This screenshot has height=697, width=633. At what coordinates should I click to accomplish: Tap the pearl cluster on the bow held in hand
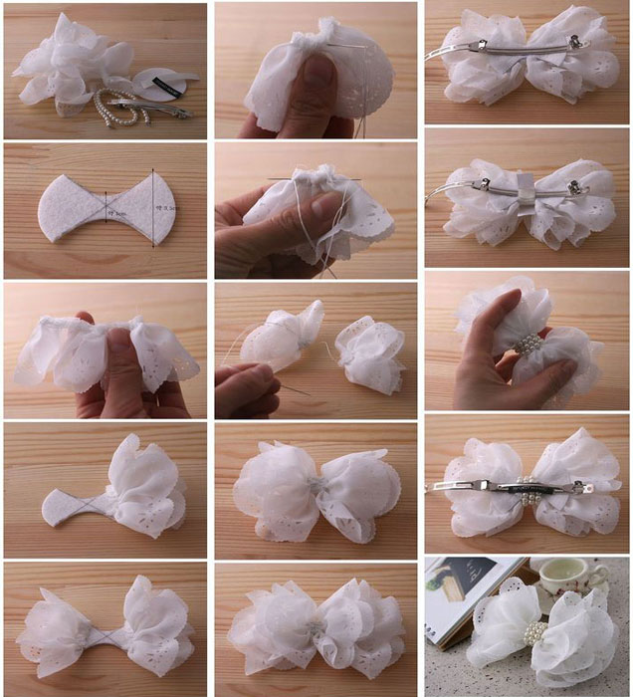click(x=530, y=348)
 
